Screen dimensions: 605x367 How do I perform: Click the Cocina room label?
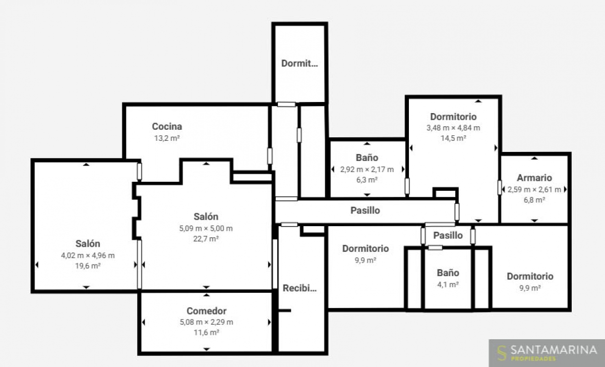(x=167, y=126)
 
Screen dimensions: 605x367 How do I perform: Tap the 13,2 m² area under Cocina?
(x=167, y=138)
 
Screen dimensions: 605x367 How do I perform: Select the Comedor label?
(x=206, y=311)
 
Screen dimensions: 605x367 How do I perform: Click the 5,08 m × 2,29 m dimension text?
(x=206, y=322)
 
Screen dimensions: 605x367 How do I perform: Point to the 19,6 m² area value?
(x=88, y=266)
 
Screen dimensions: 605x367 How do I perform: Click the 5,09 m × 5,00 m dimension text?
(x=206, y=229)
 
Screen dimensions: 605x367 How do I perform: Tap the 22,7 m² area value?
(x=206, y=239)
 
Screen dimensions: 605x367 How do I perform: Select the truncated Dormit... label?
(x=299, y=63)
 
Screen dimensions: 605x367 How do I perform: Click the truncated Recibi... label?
(x=299, y=288)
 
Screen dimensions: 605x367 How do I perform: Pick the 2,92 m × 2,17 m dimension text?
(x=367, y=170)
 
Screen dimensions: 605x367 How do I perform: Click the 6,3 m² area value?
(x=367, y=180)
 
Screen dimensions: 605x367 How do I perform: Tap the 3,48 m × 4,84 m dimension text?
(x=453, y=128)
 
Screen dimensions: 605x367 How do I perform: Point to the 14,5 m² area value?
(x=453, y=138)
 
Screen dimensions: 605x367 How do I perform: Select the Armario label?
(x=534, y=178)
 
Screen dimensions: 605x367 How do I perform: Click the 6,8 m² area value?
(x=534, y=200)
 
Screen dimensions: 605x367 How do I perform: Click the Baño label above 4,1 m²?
(x=448, y=273)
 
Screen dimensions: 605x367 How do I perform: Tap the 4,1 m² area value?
(x=448, y=285)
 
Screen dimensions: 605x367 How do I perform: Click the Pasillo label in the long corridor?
(x=365, y=211)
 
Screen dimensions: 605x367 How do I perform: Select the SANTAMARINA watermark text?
(x=554, y=350)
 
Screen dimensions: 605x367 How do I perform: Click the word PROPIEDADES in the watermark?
(x=533, y=358)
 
